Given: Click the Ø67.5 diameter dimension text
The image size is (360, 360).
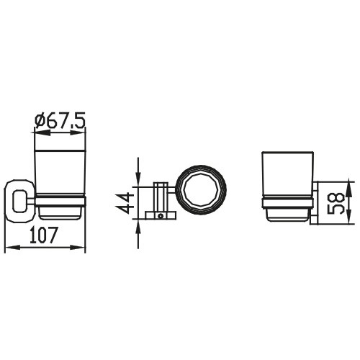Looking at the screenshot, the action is (x=60, y=121).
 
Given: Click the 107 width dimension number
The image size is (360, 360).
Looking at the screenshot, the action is (x=44, y=235).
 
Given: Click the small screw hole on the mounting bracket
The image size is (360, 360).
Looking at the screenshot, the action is (x=160, y=217).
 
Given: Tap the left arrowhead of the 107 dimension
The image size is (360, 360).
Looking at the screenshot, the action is (x=12, y=248).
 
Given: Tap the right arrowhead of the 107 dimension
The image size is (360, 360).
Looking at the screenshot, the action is (x=78, y=248).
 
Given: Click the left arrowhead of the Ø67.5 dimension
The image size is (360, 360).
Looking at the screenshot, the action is (x=42, y=132).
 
